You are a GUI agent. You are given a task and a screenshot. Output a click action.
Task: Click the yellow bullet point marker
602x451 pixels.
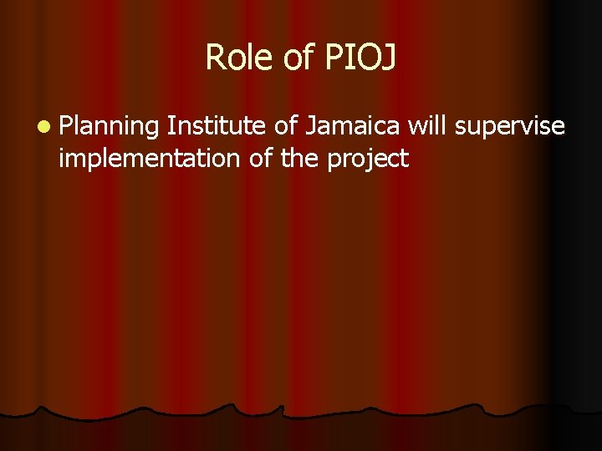[x=43, y=128]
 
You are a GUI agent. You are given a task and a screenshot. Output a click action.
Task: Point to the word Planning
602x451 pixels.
[x=109, y=128]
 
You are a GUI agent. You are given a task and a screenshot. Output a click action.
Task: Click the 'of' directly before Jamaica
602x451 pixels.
[x=287, y=126]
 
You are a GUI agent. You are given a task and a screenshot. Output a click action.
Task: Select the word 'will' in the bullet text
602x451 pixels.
[x=428, y=126]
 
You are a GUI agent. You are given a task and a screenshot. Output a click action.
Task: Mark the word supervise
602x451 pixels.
[x=510, y=126]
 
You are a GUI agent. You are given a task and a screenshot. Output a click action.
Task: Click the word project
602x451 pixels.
[x=368, y=159]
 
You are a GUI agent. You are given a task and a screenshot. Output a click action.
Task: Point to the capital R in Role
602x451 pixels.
[x=214, y=58]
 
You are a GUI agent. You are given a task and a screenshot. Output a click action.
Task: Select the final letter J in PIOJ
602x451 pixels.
[x=390, y=58]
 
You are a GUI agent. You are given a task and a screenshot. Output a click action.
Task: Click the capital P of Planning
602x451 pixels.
[x=66, y=126]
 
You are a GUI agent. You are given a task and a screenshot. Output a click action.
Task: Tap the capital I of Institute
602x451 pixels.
[x=171, y=126]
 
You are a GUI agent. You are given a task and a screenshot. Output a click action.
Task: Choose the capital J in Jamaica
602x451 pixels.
[x=310, y=126]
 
